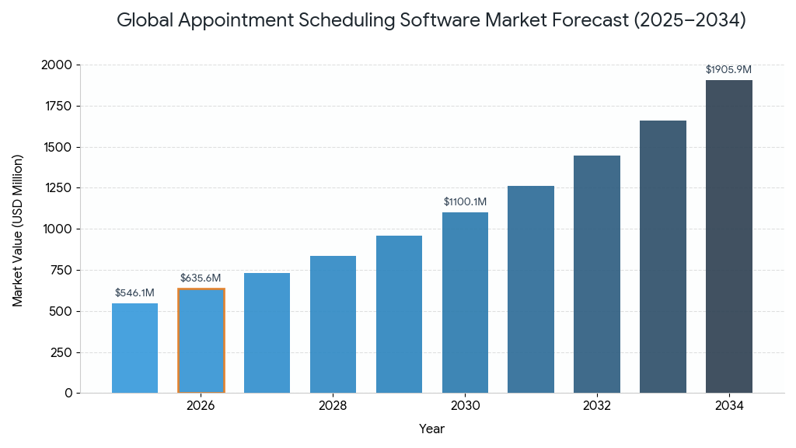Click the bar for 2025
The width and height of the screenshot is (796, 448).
pyautogui.click(x=134, y=348)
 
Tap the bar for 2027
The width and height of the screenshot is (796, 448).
pyautogui.click(x=267, y=333)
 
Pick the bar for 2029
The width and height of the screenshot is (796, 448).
pyautogui.click(x=399, y=314)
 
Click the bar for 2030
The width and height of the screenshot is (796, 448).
pyautogui.click(x=465, y=303)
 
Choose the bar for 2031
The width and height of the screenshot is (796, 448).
pyautogui.click(x=531, y=289)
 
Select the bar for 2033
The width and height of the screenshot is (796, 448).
pyautogui.click(x=663, y=257)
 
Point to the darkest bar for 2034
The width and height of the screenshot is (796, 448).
pyautogui.click(x=729, y=236)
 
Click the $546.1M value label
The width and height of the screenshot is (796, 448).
pyautogui.click(x=134, y=293)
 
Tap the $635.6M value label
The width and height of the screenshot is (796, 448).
pyautogui.click(x=201, y=278)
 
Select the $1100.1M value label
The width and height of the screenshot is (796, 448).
pyautogui.click(x=465, y=202)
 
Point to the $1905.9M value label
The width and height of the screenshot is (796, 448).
pyautogui.click(x=728, y=70)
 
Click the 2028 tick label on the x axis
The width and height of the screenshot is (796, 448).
pyautogui.click(x=333, y=406)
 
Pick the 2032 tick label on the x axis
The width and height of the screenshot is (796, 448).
pyautogui.click(x=597, y=406)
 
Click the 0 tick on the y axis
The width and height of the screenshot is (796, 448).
pyautogui.click(x=68, y=394)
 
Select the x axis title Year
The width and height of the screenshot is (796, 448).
pyautogui.click(x=431, y=429)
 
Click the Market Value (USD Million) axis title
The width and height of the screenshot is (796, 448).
pyautogui.click(x=18, y=230)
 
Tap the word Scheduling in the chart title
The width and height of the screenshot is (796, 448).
pyautogui.click(x=351, y=21)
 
